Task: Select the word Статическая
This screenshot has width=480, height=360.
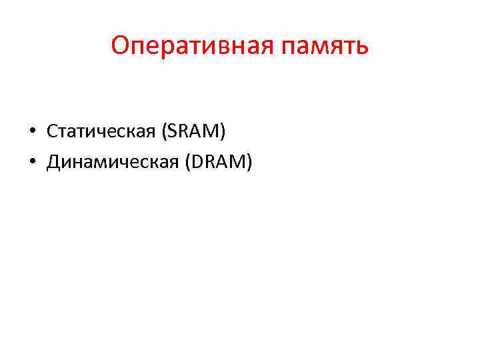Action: (x=99, y=131)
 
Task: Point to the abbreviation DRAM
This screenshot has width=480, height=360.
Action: (x=219, y=161)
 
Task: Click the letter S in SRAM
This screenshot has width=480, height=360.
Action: (x=173, y=131)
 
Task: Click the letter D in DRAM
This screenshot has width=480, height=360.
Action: (x=199, y=161)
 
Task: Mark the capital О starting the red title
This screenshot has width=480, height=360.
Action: (x=120, y=45)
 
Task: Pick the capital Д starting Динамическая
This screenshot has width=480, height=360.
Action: (x=53, y=161)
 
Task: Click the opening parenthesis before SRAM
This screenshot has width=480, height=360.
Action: (x=164, y=132)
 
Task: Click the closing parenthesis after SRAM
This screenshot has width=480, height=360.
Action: (x=223, y=132)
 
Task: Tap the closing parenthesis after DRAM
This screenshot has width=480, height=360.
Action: (x=249, y=161)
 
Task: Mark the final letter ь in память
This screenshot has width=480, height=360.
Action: (x=361, y=48)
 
